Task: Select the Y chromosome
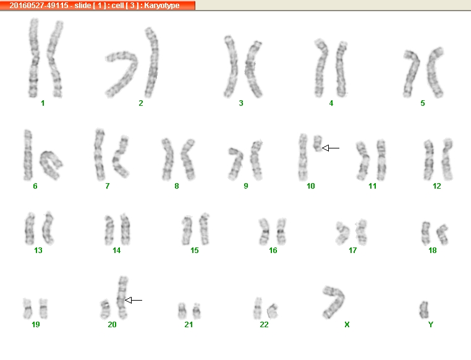pos(424,310)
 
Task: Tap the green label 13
pos(38,251)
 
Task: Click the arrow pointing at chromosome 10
pos(331,148)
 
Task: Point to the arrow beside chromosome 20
pos(134,300)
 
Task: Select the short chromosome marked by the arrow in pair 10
pos(318,144)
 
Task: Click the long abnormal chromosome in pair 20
pos(122,297)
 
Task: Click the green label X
pos(347,325)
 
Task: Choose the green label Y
pos(431,325)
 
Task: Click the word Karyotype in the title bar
pos(162,6)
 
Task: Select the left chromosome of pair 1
pos(33,58)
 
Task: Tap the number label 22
pos(264,325)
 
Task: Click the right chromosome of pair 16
pos(281,231)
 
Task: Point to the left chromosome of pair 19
pos(27,308)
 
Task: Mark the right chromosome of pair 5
pos(434,72)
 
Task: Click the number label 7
pos(107,186)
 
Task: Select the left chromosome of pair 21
pos(182,311)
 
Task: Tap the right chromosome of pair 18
pos(443,234)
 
